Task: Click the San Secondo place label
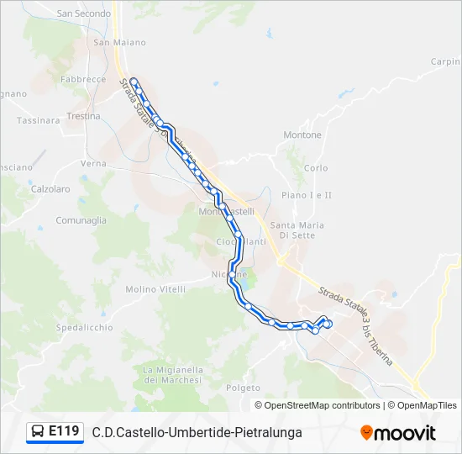pyautogui.click(x=83, y=13)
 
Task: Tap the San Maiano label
pyautogui.click(x=119, y=42)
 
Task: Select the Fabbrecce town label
pyautogui.click(x=83, y=79)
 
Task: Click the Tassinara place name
pyautogui.click(x=38, y=120)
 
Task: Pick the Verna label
pyautogui.click(x=92, y=163)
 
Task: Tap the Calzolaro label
pyautogui.click(x=50, y=189)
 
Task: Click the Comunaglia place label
pyautogui.click(x=81, y=219)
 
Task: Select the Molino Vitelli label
pyautogui.click(x=155, y=289)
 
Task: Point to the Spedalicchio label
pyautogui.click(x=84, y=327)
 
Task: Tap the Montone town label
pyautogui.click(x=302, y=135)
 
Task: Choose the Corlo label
pyautogui.click(x=316, y=168)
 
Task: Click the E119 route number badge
pyautogui.click(x=64, y=431)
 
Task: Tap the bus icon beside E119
pyautogui.click(x=38, y=432)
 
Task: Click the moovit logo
pyautogui.click(x=398, y=433)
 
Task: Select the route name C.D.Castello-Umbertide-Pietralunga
pyautogui.click(x=197, y=433)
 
